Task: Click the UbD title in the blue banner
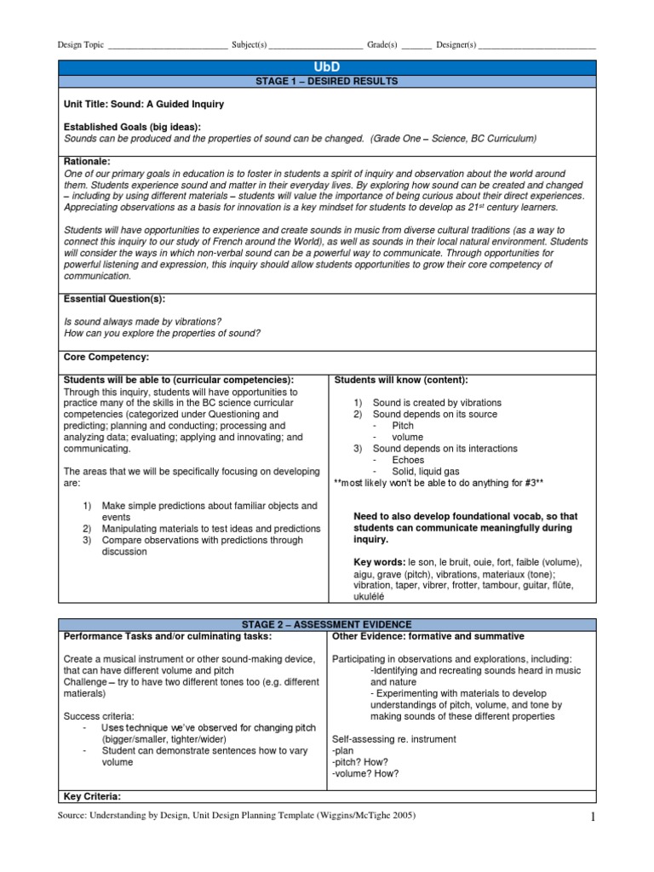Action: [327, 66]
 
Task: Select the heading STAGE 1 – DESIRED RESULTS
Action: [327, 81]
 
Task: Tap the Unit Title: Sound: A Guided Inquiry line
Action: [144, 104]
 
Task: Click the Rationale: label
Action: [88, 160]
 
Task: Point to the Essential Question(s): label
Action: [114, 299]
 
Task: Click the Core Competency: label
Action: [106, 356]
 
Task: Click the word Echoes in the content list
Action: [408, 460]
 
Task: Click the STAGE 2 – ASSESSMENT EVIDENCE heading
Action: [327, 625]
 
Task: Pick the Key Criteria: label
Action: [93, 796]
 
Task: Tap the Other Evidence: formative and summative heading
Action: [428, 636]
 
